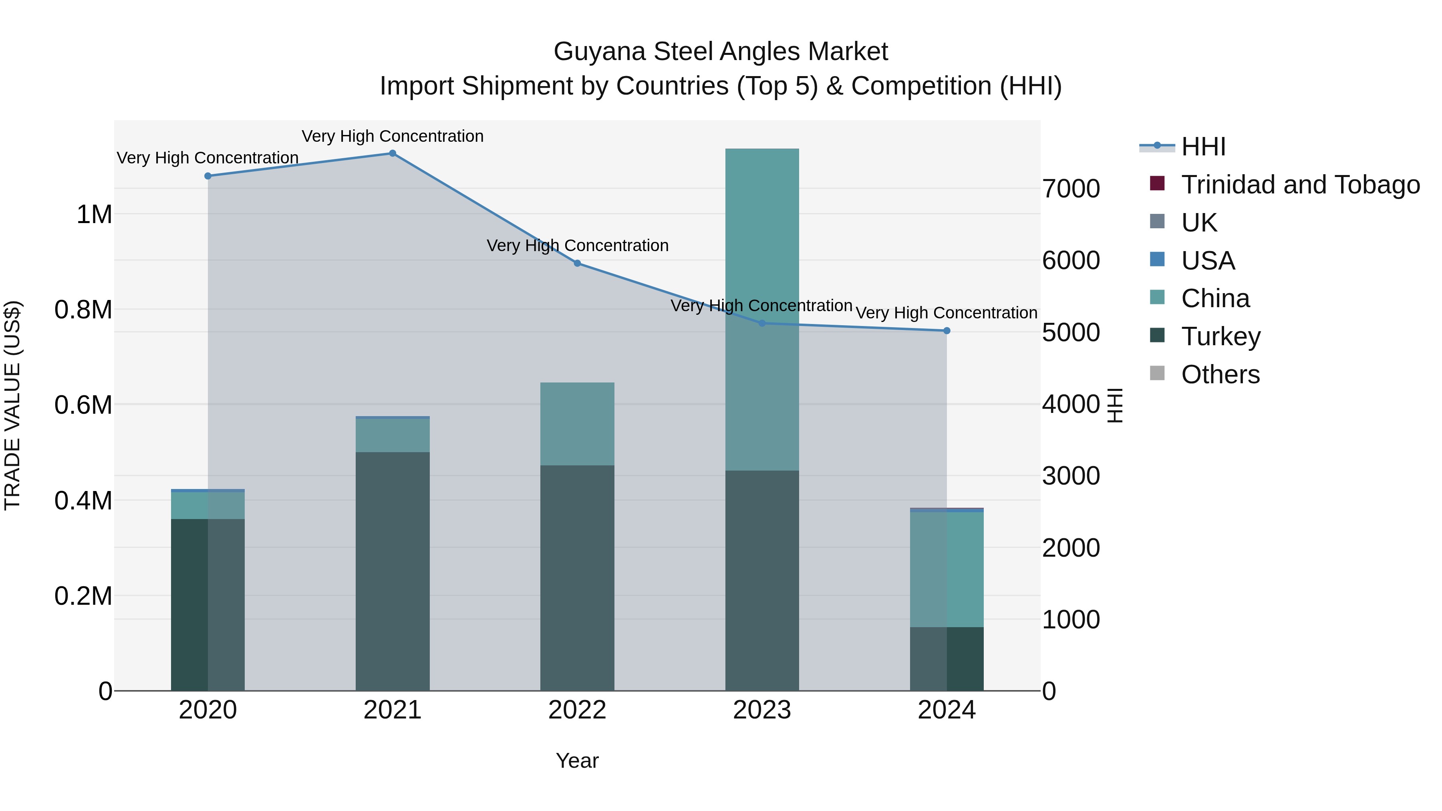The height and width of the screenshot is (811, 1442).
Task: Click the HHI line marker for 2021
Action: [393, 153]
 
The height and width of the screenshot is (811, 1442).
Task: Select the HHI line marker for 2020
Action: [207, 176]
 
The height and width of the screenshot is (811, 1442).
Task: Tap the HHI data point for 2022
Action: [577, 263]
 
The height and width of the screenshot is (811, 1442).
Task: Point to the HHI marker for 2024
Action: [947, 331]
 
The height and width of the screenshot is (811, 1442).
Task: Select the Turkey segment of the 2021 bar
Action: [393, 571]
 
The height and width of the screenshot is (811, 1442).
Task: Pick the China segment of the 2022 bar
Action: [577, 424]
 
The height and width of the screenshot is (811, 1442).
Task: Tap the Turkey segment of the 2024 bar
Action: [947, 659]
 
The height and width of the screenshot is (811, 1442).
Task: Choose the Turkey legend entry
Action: [1220, 336]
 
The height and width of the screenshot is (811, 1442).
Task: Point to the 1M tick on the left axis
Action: [94, 214]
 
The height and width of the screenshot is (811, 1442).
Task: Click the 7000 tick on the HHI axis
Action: [1071, 189]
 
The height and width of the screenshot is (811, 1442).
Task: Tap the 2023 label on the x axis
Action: [762, 710]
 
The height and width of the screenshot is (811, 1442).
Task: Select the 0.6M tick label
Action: [83, 404]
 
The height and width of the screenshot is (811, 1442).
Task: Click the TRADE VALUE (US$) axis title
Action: [12, 405]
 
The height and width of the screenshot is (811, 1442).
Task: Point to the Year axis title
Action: [577, 761]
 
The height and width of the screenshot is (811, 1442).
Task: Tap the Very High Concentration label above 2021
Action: [393, 136]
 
